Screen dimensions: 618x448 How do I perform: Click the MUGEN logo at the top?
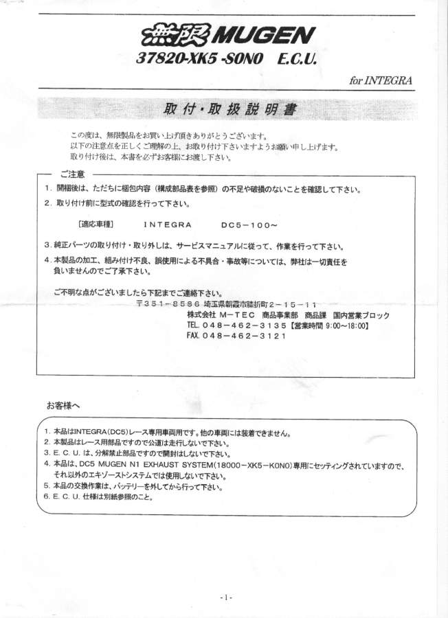[223, 35]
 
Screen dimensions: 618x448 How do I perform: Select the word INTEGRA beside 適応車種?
[166, 224]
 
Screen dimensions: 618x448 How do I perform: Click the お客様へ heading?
[63, 405]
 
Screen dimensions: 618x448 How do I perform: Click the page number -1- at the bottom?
[227, 597]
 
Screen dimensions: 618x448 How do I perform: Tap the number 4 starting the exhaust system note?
[46, 463]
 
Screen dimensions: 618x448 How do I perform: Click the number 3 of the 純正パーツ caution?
[47, 245]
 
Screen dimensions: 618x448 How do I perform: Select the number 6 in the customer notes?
[46, 496]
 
